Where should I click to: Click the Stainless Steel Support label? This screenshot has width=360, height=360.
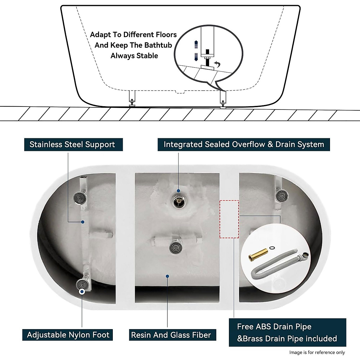coord(72,144)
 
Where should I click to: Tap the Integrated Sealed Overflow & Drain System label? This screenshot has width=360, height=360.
coord(244,144)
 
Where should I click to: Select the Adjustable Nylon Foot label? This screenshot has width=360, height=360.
coord(68,335)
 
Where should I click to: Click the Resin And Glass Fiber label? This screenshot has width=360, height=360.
coord(171,335)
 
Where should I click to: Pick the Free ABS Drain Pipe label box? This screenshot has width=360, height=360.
coord(287,332)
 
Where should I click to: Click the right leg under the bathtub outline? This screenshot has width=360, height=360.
coord(223,99)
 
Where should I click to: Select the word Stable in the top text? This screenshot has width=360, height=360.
coord(147,56)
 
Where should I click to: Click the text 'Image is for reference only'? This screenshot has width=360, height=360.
coord(317,352)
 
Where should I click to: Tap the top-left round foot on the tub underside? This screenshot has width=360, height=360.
coord(80,197)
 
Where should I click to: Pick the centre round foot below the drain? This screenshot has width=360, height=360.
coord(175,247)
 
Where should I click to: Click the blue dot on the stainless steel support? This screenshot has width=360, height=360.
coord(83,222)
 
